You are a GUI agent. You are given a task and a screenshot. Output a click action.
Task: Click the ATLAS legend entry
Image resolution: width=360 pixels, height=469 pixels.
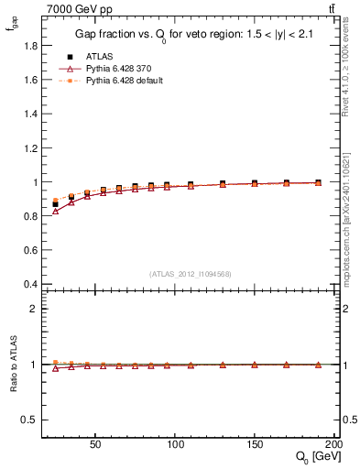(x=98, y=57)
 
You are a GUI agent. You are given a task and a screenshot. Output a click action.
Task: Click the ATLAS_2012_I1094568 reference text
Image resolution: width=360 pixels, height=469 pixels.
(x=191, y=273)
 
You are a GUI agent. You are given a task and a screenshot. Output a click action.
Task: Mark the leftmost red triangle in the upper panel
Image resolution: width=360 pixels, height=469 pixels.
(x=55, y=211)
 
